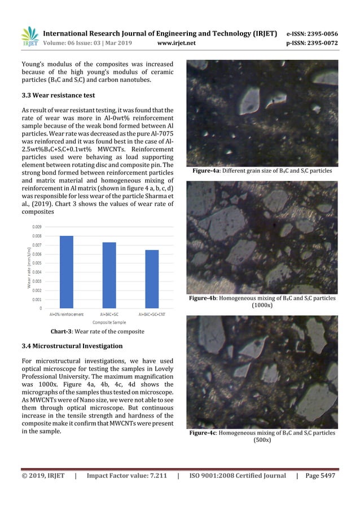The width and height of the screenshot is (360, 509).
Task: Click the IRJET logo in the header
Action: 29,36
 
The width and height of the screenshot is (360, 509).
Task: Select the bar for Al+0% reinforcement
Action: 67,271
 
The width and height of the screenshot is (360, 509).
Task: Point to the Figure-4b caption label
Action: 204,297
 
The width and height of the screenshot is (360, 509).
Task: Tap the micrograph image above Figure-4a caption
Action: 262,113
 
